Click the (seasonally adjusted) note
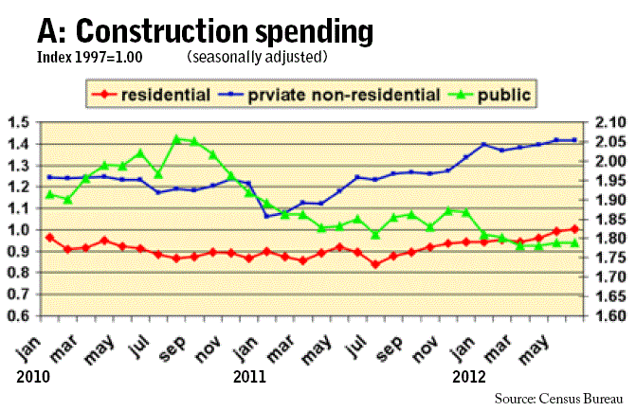point(257,58)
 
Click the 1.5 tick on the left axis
point(17,122)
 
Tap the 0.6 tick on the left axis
point(17,315)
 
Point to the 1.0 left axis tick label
point(17,230)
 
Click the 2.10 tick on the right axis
point(611,122)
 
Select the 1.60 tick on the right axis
point(611,315)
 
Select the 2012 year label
point(467,376)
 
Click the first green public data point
point(49,194)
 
